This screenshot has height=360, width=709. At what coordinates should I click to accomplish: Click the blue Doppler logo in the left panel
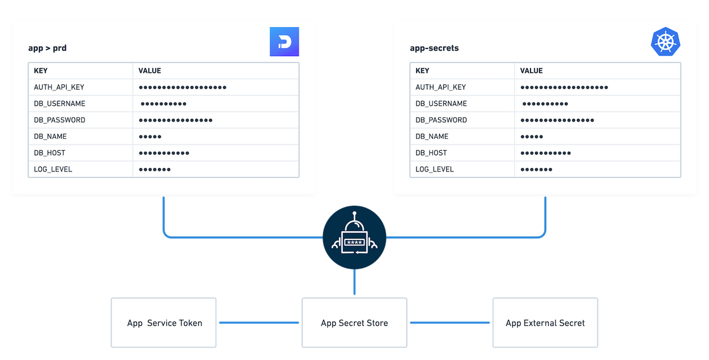point(285,41)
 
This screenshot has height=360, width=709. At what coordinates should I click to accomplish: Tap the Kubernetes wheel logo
point(666,41)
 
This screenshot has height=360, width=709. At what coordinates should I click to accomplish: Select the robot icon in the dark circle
point(354,237)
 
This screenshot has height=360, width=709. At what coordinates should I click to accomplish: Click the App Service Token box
point(164,323)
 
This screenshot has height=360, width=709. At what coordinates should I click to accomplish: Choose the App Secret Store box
point(354,323)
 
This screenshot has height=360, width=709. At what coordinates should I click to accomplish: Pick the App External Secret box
point(545,323)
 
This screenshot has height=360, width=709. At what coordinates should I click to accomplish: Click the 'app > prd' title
point(47,48)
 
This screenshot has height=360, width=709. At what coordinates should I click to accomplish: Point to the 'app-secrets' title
point(434,48)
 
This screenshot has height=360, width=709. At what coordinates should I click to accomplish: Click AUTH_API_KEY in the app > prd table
point(59,87)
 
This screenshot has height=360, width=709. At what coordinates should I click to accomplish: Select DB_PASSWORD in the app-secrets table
point(441,120)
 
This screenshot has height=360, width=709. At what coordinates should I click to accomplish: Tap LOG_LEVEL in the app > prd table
point(53,169)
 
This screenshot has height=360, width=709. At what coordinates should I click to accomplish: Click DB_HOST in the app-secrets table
point(431,153)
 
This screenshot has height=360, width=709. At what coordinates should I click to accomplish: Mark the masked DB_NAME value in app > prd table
point(150,137)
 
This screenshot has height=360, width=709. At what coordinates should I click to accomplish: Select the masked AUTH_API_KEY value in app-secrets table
point(564,87)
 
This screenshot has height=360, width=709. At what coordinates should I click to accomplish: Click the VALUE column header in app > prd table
point(149,70)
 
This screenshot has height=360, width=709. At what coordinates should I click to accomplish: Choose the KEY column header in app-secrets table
point(422,70)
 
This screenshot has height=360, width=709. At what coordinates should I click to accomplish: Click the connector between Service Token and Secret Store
point(259,323)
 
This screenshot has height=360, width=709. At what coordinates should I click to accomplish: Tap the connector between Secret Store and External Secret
point(450,323)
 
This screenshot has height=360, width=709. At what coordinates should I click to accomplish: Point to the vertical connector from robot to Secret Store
point(354,283)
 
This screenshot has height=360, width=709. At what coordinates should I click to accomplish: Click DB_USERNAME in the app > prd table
point(60,103)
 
